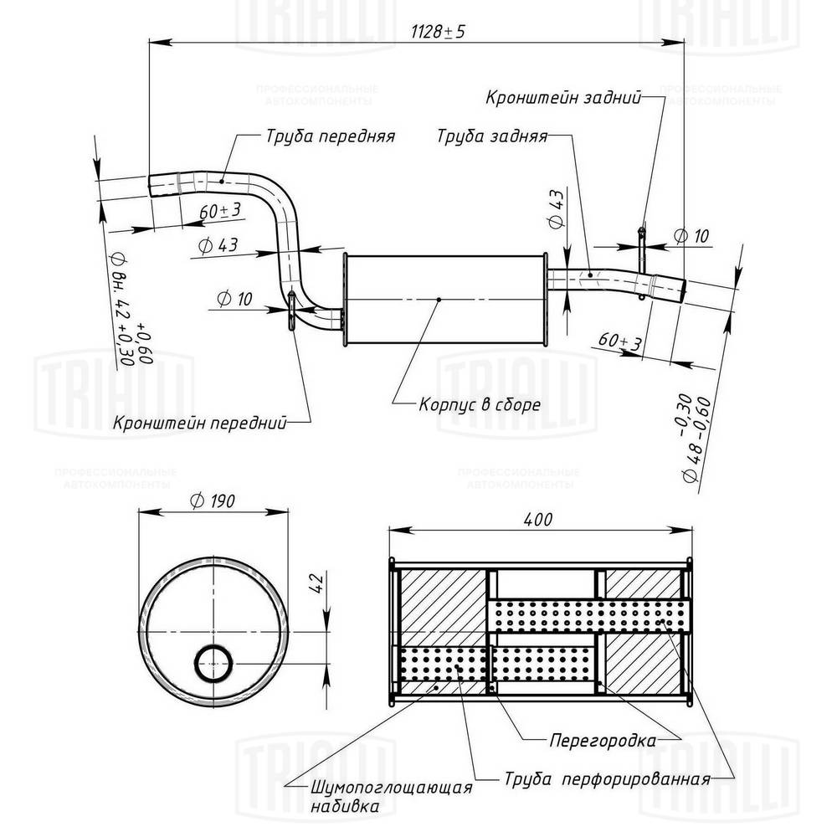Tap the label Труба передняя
pyautogui.click(x=330, y=135)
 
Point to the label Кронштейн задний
pyautogui.click(x=563, y=97)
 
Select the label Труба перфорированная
pyautogui.click(x=607, y=779)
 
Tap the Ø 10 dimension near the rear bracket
pyautogui.click(x=691, y=236)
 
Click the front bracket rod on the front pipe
pyautogui.click(x=290, y=311)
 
